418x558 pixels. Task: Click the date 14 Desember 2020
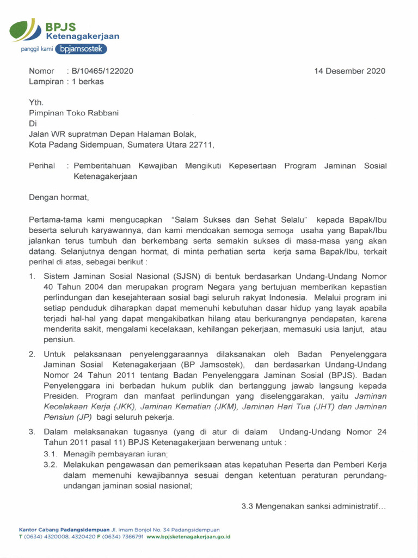pyautogui.click(x=350, y=71)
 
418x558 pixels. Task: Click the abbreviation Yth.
pyautogui.click(x=35, y=102)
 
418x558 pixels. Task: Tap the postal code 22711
pyautogui.click(x=201, y=144)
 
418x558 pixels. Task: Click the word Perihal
pyautogui.click(x=42, y=166)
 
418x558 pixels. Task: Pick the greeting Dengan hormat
pyautogui.click(x=58, y=197)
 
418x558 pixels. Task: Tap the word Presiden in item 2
pyautogui.click(x=62, y=396)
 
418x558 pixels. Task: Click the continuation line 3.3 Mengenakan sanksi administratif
pyautogui.click(x=313, y=506)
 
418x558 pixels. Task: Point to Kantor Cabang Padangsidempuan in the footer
pyautogui.click(x=64, y=530)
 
